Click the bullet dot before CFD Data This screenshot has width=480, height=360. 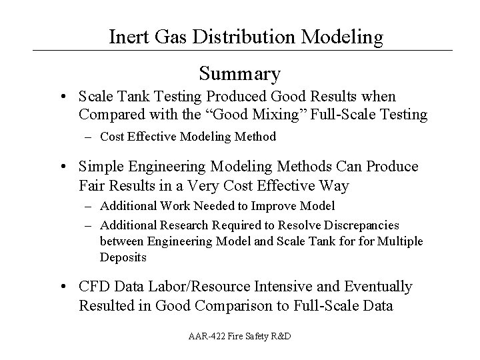[x=62, y=287]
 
